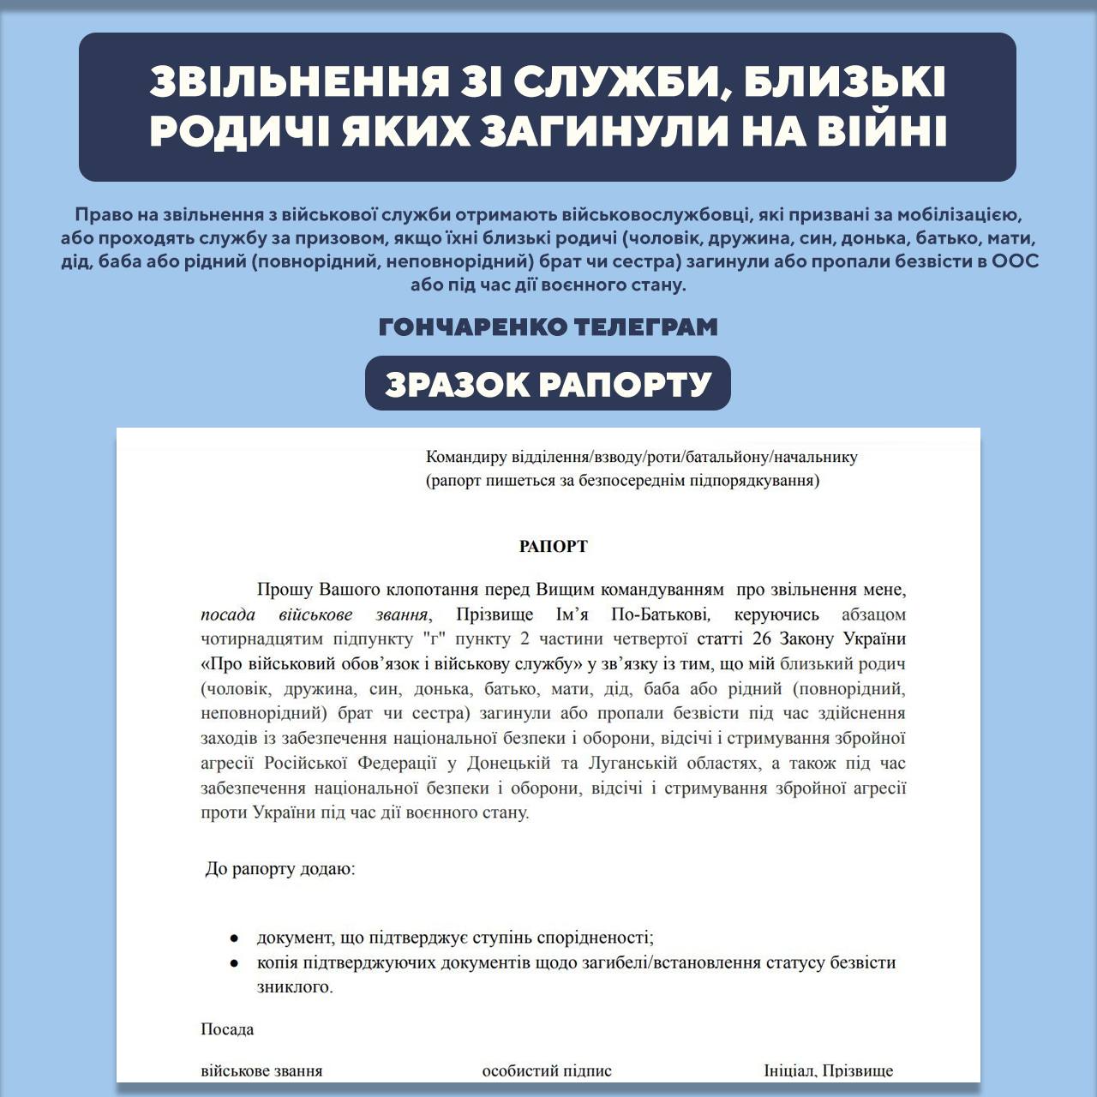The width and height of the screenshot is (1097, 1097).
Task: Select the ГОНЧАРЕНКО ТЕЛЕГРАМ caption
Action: [548, 327]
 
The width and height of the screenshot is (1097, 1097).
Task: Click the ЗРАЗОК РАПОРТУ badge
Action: [548, 384]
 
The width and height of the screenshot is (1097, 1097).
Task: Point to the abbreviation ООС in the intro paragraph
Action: [1015, 261]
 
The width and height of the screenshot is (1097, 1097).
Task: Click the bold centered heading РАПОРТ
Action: [553, 546]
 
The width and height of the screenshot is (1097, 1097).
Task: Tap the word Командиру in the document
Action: [466, 457]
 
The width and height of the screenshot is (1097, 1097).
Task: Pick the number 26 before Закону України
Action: [762, 638]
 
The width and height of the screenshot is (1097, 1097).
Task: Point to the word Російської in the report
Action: [305, 763]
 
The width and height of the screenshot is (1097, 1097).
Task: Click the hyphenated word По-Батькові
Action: [660, 614]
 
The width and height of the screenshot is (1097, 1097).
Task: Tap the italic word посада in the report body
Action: [228, 614]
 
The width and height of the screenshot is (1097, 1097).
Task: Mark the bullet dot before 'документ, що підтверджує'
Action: [233, 938]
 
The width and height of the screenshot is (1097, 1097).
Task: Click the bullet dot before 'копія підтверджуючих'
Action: [233, 963]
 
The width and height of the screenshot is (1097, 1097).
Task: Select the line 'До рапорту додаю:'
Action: [279, 869]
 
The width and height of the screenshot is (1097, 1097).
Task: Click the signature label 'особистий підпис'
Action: [547, 1070]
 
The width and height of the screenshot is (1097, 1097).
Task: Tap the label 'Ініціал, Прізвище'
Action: [828, 1070]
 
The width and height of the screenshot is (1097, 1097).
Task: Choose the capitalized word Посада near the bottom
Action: [227, 1029]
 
